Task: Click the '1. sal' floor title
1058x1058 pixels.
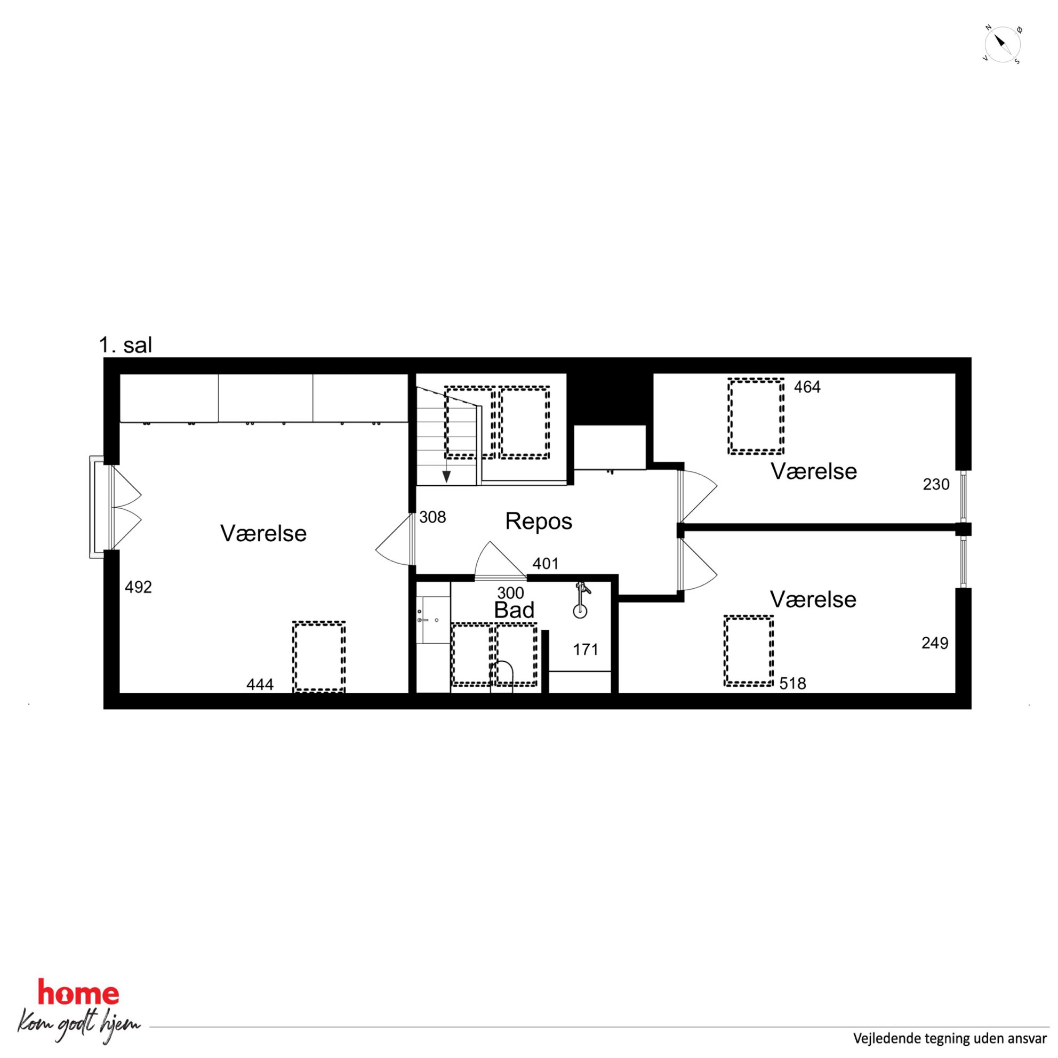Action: pos(125,346)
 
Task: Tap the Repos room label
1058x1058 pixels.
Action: pos(538,522)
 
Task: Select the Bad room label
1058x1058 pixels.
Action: pos(514,610)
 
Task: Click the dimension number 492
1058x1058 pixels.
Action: pos(138,587)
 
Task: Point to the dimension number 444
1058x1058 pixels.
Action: pos(260,685)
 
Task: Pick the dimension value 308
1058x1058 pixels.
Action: pos(432,517)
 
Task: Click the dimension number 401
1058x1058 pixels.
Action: pos(546,564)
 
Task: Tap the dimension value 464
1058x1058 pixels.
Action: pos(807,387)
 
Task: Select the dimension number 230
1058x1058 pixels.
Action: pos(936,484)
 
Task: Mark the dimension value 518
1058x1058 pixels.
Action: pos(792,684)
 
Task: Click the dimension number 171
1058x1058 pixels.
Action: pos(586,650)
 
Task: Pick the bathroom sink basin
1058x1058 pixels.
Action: pos(433,620)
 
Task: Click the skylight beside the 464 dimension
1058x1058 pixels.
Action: pos(756,416)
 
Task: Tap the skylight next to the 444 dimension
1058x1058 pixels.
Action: pos(319,656)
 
